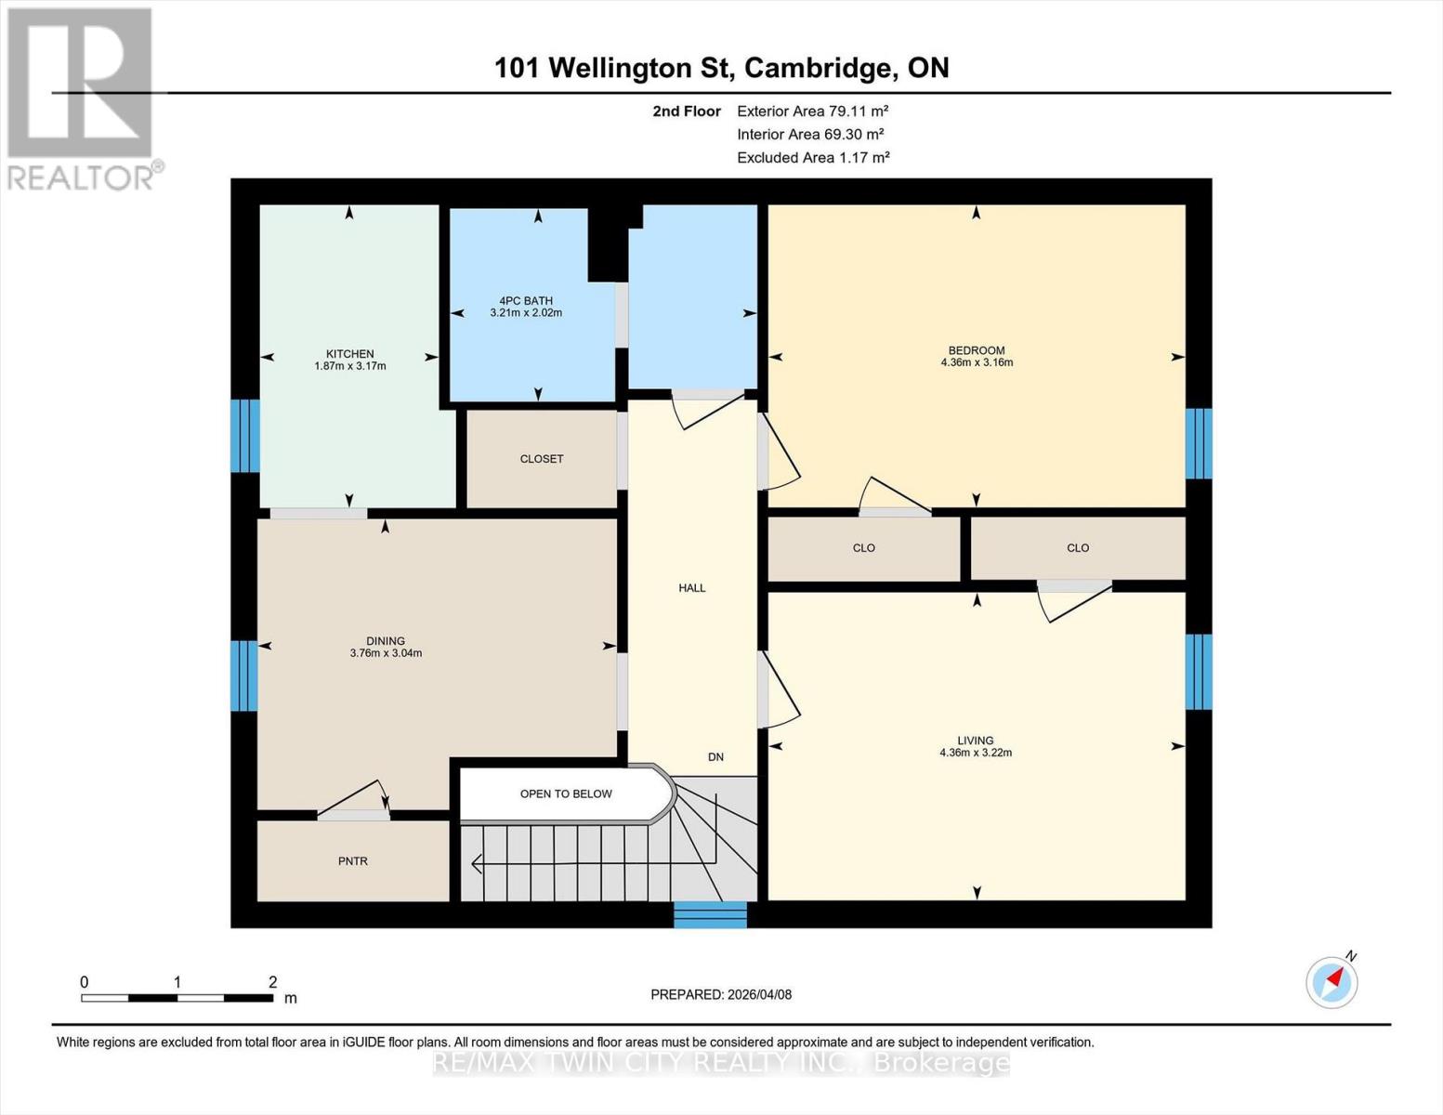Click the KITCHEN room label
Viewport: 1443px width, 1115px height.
[349, 354]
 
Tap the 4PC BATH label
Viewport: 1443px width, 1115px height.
[526, 301]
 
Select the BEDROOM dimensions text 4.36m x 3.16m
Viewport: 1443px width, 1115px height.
[977, 362]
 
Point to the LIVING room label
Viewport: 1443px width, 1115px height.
[976, 741]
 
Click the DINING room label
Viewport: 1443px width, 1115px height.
[386, 641]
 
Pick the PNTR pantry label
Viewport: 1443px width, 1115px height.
[353, 861]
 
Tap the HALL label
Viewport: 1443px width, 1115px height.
[692, 588]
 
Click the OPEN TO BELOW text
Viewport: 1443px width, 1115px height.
[566, 794]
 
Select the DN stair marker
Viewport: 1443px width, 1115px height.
[715, 757]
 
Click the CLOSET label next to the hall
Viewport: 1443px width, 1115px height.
[542, 459]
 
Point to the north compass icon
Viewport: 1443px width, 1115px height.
[1332, 981]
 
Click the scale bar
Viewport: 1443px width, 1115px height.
[177, 998]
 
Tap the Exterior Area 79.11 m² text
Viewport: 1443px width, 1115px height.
[813, 111]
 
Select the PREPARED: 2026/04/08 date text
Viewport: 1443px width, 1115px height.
[721, 994]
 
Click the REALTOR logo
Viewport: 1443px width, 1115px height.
[82, 98]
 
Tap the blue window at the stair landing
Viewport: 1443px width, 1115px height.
[710, 914]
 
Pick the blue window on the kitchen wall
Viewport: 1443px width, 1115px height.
[244, 436]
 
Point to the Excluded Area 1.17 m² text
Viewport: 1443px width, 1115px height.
[813, 157]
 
